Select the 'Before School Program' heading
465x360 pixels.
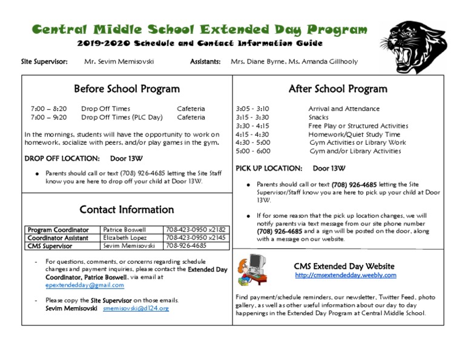tap(127, 89)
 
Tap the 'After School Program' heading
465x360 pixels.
tap(338, 89)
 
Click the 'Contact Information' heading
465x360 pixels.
tap(127, 210)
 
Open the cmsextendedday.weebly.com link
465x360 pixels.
tap(345, 275)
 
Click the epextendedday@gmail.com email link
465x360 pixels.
tap(85, 285)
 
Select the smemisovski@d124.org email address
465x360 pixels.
tap(136, 308)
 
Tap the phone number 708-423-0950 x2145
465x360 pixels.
tap(196, 238)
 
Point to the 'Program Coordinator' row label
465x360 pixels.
tap(58, 230)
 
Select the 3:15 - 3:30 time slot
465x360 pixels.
tap(252, 118)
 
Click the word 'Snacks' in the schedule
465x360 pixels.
tap(318, 118)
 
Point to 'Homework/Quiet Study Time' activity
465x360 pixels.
tap(354, 135)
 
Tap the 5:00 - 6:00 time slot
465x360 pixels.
tap(253, 151)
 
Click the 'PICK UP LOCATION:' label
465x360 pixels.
tap(268, 168)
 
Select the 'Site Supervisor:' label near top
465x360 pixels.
tap(44, 62)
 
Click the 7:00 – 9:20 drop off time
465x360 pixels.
tap(48, 118)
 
